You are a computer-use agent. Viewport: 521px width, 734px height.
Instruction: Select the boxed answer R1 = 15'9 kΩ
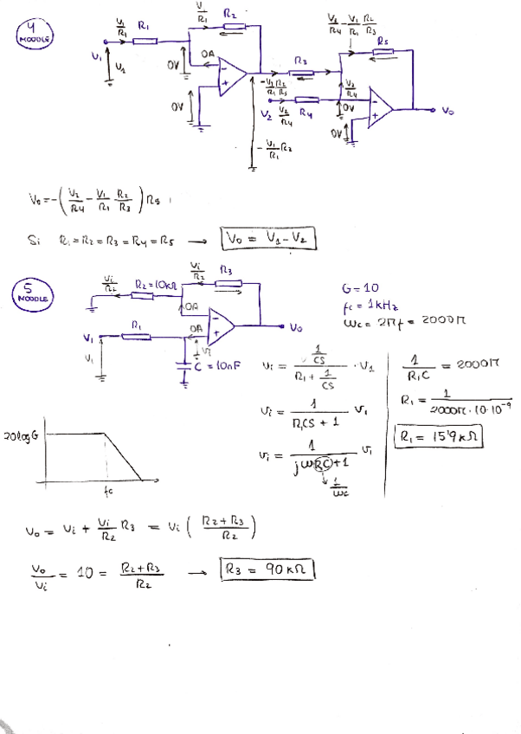coord(439,439)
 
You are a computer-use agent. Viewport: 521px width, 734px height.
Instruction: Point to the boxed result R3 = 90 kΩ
coord(268,570)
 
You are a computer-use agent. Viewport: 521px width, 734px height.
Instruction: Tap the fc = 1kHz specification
coord(369,305)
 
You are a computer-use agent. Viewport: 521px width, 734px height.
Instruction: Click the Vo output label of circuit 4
coord(447,111)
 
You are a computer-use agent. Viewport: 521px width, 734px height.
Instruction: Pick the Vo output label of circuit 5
coord(297,328)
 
